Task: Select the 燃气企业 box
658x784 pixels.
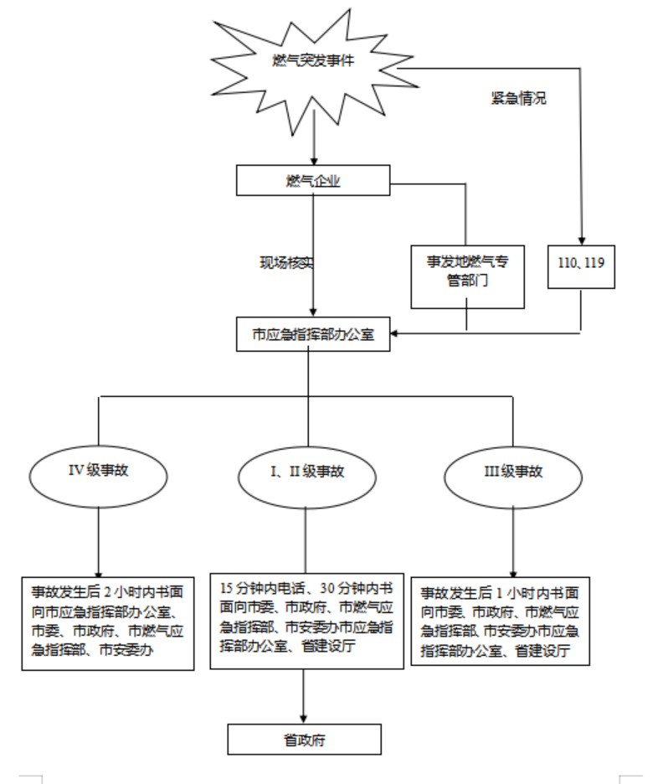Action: pyautogui.click(x=313, y=180)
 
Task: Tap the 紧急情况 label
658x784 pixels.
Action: pyautogui.click(x=518, y=98)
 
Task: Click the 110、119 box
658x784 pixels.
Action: pyautogui.click(x=581, y=266)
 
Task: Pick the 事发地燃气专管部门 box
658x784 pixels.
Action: pyautogui.click(x=467, y=276)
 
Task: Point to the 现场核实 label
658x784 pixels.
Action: pyautogui.click(x=287, y=262)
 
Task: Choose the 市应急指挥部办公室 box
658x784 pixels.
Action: pyautogui.click(x=313, y=334)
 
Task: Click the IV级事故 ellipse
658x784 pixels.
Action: pyautogui.click(x=99, y=476)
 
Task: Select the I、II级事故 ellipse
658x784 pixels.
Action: pyautogui.click(x=306, y=477)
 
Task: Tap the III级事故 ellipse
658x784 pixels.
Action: pyautogui.click(x=513, y=477)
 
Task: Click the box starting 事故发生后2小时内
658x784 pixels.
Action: pyautogui.click(x=108, y=623)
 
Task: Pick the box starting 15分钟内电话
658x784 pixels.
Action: pyautogui.click(x=306, y=621)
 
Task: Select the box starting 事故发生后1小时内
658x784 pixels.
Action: pyautogui.click(x=500, y=621)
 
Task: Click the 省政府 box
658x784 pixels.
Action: pyautogui.click(x=304, y=739)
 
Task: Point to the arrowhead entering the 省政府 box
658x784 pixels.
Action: pyautogui.click(x=303, y=720)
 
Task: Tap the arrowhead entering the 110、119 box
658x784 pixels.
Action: pyautogui.click(x=581, y=241)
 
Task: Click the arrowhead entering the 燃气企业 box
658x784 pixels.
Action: pyautogui.click(x=314, y=161)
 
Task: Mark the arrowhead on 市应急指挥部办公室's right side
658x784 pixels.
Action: pyautogui.click(x=394, y=333)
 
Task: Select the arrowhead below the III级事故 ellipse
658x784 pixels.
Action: pyautogui.click(x=513, y=574)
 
